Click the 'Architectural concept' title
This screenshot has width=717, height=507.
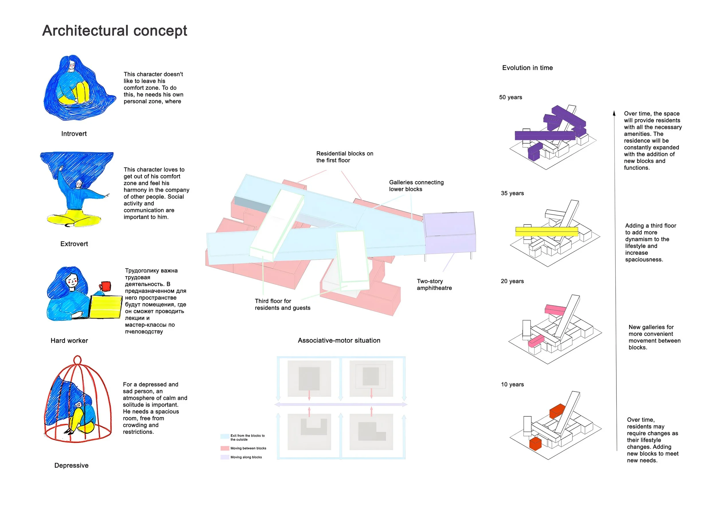point(115,31)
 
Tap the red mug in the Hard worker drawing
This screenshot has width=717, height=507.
point(106,286)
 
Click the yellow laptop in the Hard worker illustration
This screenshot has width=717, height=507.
point(106,307)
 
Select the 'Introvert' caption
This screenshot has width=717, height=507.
point(74,134)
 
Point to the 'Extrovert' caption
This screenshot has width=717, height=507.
point(74,244)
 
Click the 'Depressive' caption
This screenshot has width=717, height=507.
point(71,465)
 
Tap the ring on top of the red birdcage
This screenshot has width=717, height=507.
point(77,360)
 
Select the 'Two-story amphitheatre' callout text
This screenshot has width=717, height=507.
point(434,285)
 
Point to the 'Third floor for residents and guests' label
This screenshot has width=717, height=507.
point(282,304)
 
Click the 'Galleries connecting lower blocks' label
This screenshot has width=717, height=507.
point(416,186)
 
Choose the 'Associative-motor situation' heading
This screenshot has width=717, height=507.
point(339,340)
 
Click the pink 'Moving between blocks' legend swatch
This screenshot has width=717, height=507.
point(225,448)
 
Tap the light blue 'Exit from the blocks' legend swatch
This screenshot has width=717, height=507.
point(225,436)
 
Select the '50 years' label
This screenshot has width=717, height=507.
point(510,97)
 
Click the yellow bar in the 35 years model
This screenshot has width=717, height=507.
point(546,231)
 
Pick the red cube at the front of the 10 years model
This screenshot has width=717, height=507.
point(535,444)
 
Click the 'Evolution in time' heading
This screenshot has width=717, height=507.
point(527,68)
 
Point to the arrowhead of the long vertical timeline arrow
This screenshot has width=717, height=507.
point(614,113)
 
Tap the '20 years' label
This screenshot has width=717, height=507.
point(512,281)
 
